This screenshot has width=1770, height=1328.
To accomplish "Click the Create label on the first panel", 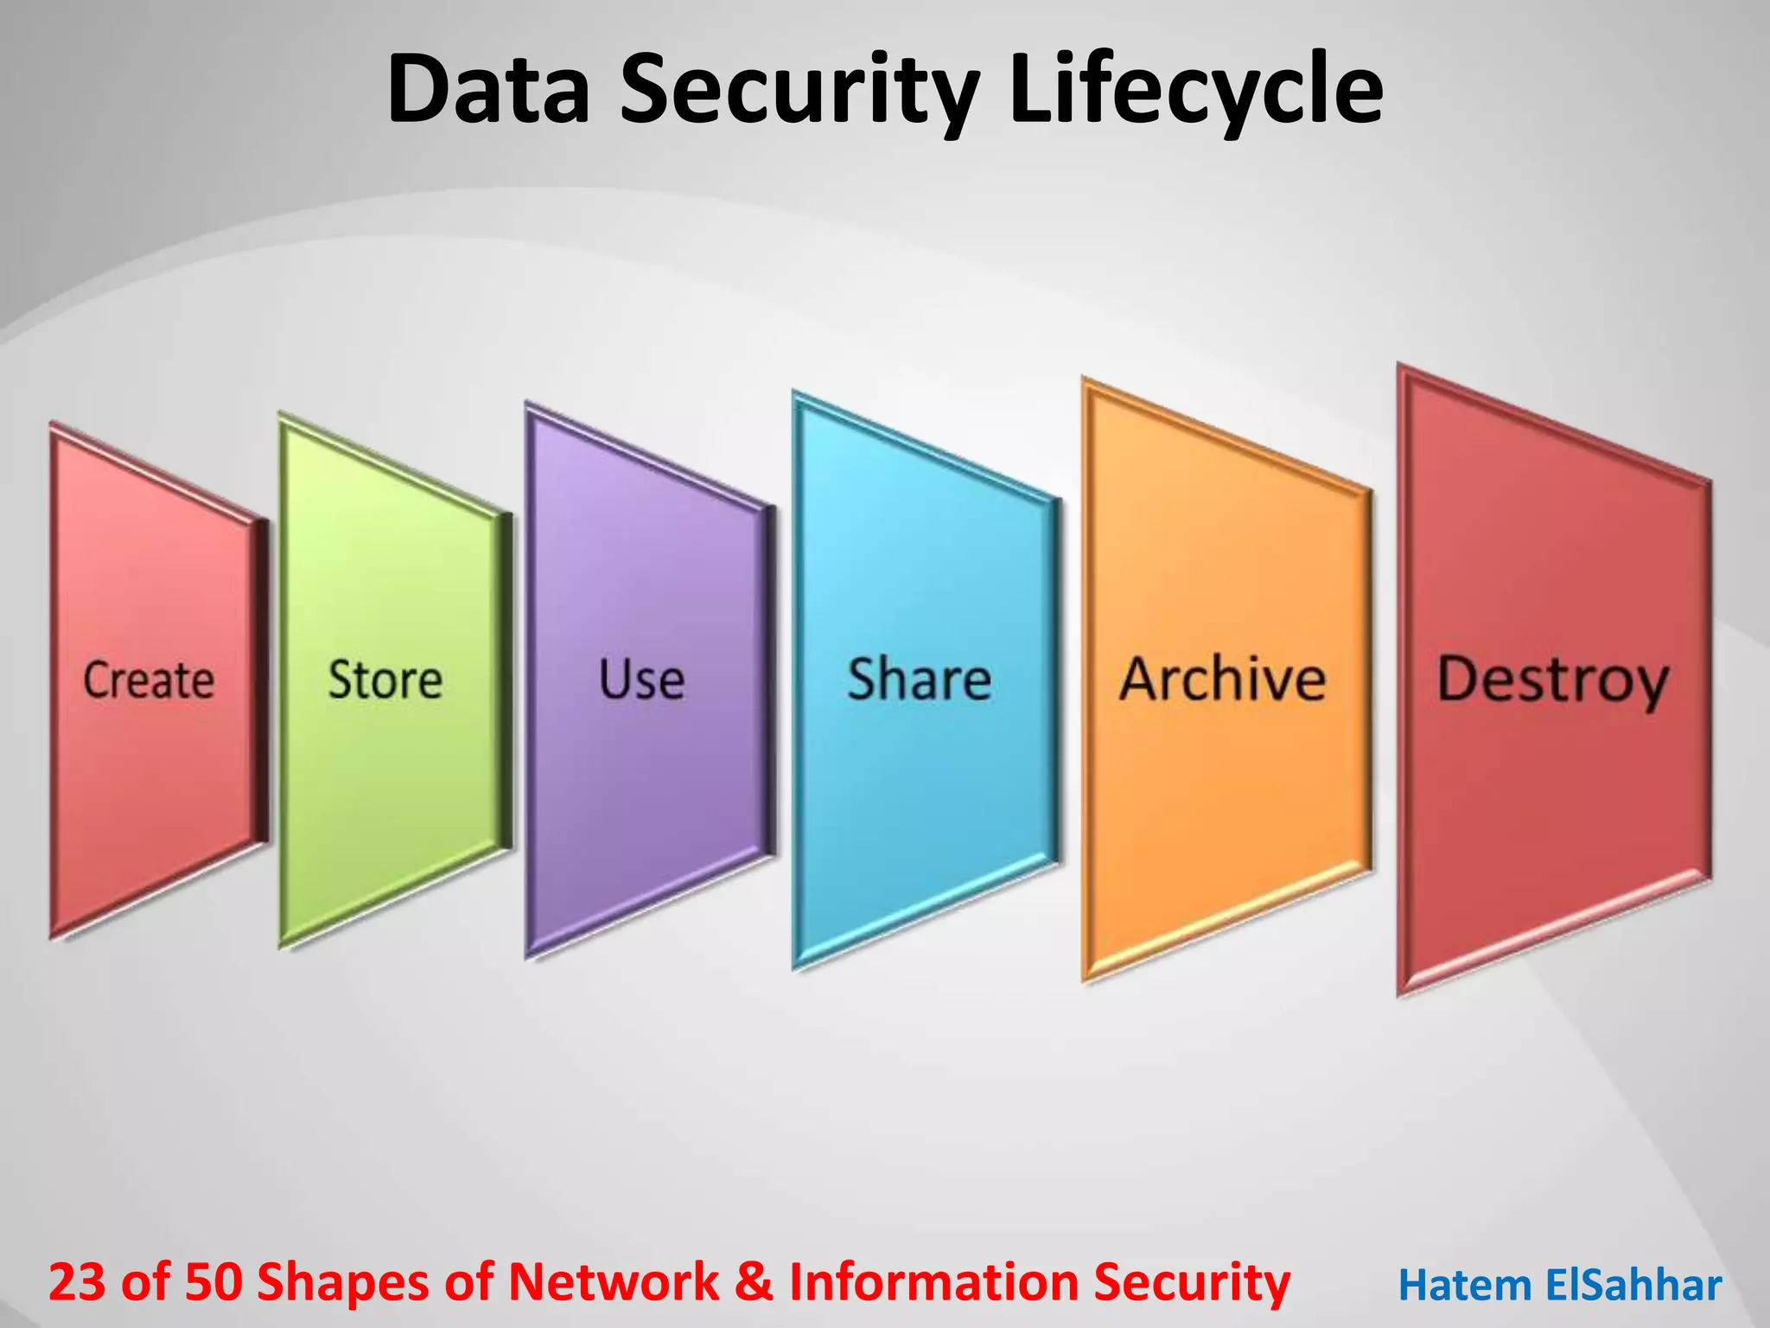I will [149, 680].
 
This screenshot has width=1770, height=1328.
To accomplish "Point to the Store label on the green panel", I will [385, 680].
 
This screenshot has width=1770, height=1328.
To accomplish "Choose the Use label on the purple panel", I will [641, 680].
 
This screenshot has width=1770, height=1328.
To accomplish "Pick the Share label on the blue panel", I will [919, 680].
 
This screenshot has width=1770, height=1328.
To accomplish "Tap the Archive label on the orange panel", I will [1222, 680].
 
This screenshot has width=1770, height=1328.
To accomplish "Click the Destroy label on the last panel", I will [1552, 681].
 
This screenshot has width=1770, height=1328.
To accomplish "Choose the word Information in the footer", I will [933, 1281].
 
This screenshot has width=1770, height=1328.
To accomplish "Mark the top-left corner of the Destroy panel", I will [1400, 367].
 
